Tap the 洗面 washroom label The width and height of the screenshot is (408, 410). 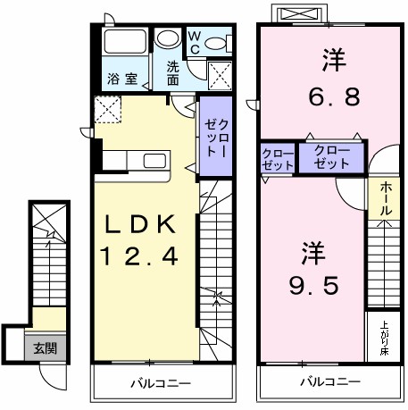[x=173, y=72]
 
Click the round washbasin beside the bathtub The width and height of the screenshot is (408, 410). [x=167, y=39]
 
